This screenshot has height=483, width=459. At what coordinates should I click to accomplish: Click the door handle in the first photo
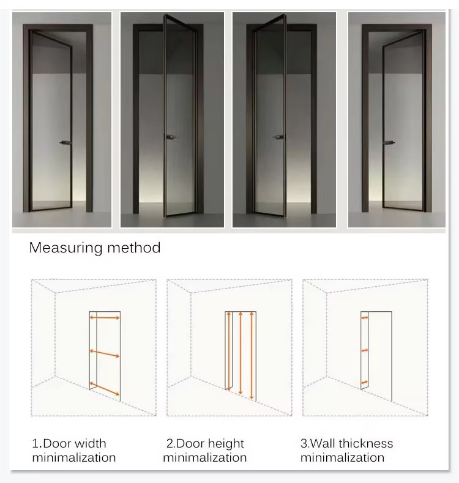(x=65, y=142)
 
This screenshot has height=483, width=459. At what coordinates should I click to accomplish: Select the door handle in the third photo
(x=278, y=137)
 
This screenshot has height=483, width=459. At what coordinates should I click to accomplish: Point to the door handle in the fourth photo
(x=389, y=142)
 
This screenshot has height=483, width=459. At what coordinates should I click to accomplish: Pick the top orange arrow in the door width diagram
(x=105, y=317)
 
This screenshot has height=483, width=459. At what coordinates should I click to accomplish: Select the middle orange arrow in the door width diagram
(x=105, y=353)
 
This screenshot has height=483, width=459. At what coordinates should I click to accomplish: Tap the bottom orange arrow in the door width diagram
(x=105, y=389)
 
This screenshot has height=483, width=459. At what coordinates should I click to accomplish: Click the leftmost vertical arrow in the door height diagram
(x=229, y=351)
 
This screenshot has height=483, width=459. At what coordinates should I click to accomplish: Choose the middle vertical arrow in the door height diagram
(x=241, y=353)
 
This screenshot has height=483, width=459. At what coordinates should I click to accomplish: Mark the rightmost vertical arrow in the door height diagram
(x=252, y=356)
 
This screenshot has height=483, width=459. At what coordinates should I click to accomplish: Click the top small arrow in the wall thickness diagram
(x=365, y=317)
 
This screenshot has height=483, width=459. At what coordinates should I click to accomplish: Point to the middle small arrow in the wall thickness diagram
(x=365, y=350)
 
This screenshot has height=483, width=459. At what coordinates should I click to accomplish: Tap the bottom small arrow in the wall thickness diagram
(x=365, y=383)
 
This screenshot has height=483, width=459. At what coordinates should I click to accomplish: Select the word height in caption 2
(x=226, y=444)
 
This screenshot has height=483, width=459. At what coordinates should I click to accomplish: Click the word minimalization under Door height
(x=205, y=458)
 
